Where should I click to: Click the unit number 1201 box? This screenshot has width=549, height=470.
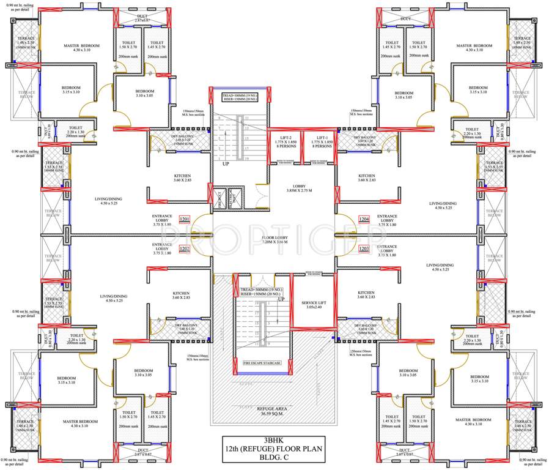tap(185, 219)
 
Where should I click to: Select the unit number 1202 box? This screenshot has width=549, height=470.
tap(185, 249)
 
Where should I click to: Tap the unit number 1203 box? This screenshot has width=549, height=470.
tap(364, 249)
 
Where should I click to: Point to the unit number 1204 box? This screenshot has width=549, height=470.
tap(364, 219)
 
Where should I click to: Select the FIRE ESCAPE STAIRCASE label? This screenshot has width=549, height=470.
tap(261, 363)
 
